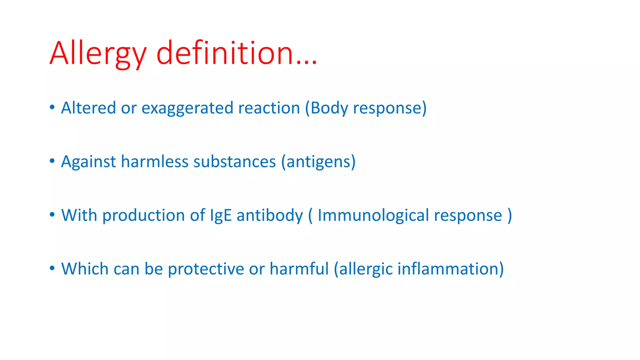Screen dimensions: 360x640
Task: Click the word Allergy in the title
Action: point(98,54)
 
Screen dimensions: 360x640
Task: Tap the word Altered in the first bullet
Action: point(88,108)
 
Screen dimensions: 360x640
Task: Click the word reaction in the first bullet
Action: point(269,108)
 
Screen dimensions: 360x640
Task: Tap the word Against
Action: point(88,162)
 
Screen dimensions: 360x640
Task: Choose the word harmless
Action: point(155,162)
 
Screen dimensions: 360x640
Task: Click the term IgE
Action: point(221,216)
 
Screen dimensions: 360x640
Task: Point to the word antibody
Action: point(270,216)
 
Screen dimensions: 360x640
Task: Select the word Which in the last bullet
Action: point(85,269)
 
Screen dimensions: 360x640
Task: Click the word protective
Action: point(206,269)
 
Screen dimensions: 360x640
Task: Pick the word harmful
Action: point(299,269)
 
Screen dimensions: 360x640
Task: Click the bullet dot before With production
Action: point(52,215)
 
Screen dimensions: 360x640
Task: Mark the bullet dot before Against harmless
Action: point(52,161)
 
